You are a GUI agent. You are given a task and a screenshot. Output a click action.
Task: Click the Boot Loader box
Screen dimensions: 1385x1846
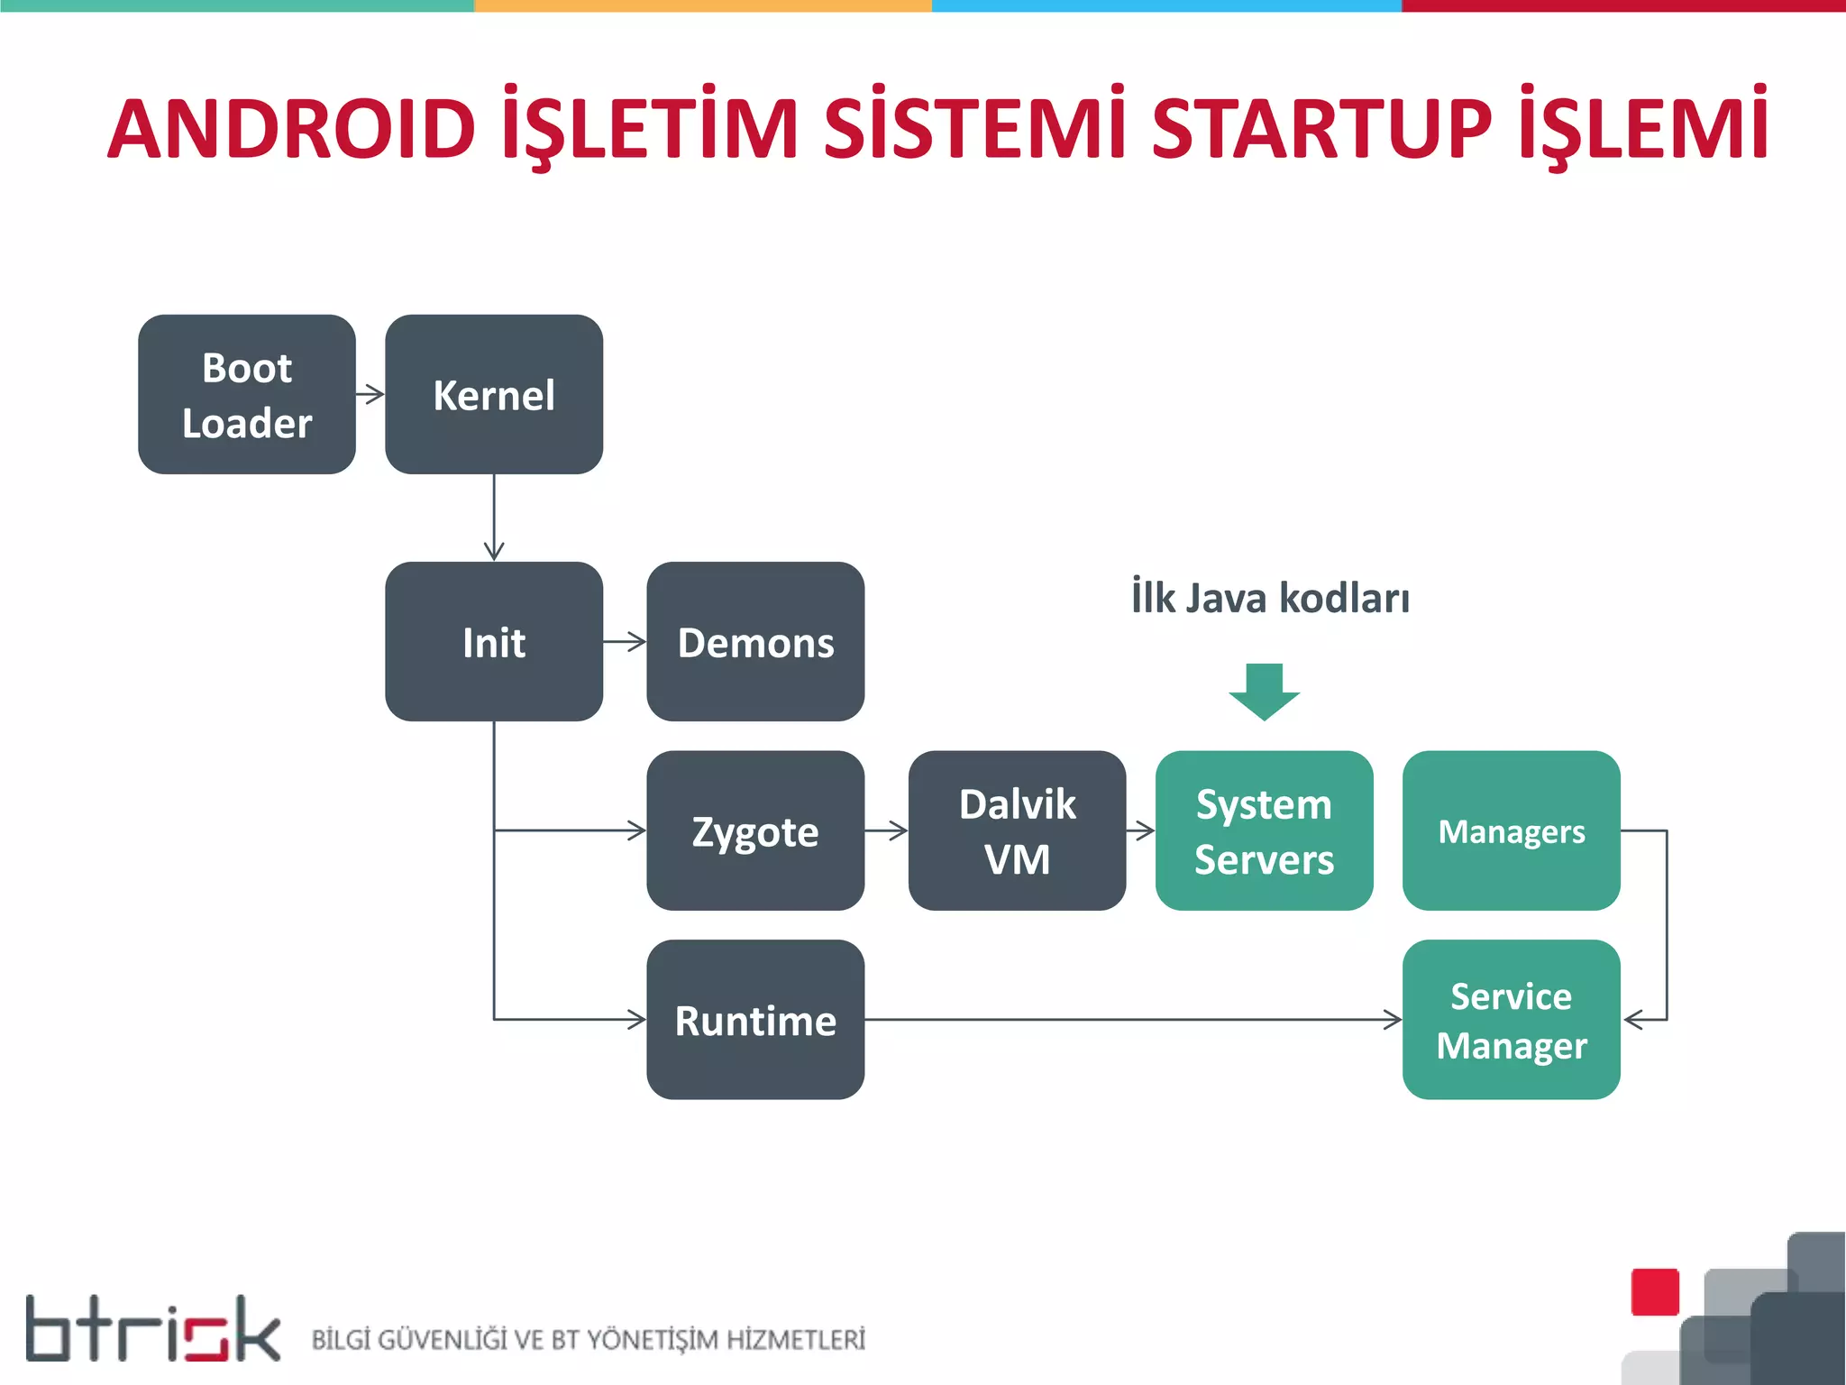point(246,394)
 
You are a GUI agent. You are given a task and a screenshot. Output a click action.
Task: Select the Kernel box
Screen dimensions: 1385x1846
point(493,394)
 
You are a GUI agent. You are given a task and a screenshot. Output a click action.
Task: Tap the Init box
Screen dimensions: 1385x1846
point(493,641)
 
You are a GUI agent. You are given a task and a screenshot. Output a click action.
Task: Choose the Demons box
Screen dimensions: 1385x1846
point(755,641)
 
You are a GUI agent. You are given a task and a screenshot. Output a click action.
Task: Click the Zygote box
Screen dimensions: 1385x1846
point(755,830)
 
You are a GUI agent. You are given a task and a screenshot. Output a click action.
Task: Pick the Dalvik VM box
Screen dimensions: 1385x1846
point(1017,830)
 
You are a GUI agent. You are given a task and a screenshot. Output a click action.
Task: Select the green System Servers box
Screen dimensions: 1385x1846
point(1264,830)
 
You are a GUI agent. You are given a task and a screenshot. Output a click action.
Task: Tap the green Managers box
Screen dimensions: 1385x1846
point(1511,830)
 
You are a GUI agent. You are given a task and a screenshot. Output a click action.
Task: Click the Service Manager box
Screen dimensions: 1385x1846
point(1511,1020)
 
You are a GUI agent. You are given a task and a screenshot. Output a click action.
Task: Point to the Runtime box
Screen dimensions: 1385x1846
point(755,1020)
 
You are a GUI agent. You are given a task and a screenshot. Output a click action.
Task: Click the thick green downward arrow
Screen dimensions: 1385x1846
point(1264,691)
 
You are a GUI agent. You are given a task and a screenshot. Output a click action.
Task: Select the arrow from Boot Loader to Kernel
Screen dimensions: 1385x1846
point(370,394)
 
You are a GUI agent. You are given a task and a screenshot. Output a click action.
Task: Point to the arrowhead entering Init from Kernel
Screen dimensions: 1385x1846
point(494,550)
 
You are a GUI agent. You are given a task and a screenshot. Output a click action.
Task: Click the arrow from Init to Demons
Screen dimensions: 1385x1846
point(626,642)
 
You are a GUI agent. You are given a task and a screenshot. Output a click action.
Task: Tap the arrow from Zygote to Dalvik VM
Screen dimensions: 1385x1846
point(887,830)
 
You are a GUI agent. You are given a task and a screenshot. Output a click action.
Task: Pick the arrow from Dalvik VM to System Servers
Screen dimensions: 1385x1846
point(1141,830)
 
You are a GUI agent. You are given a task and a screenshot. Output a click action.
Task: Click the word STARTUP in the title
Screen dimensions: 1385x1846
point(1321,129)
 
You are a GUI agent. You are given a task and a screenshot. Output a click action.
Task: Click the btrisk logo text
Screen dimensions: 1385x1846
point(153,1329)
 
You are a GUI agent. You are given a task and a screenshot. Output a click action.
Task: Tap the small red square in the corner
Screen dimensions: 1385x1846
point(1655,1291)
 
